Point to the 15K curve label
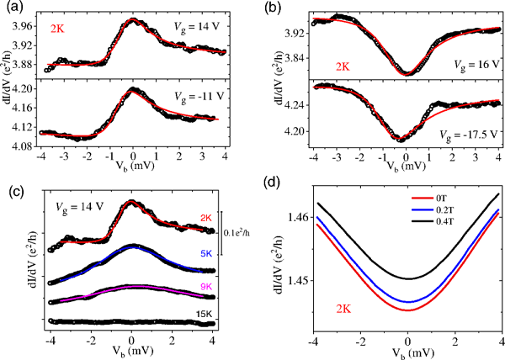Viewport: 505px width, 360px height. click(205, 314)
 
